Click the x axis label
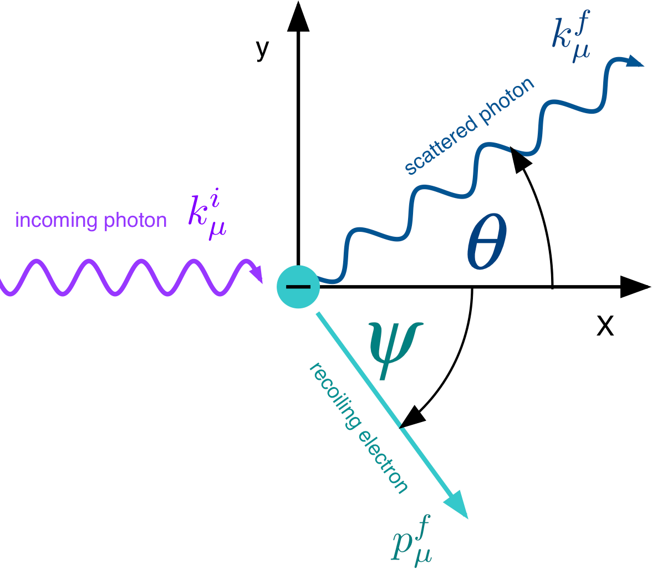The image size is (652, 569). tap(605, 327)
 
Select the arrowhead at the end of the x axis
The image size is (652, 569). tap(635, 287)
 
